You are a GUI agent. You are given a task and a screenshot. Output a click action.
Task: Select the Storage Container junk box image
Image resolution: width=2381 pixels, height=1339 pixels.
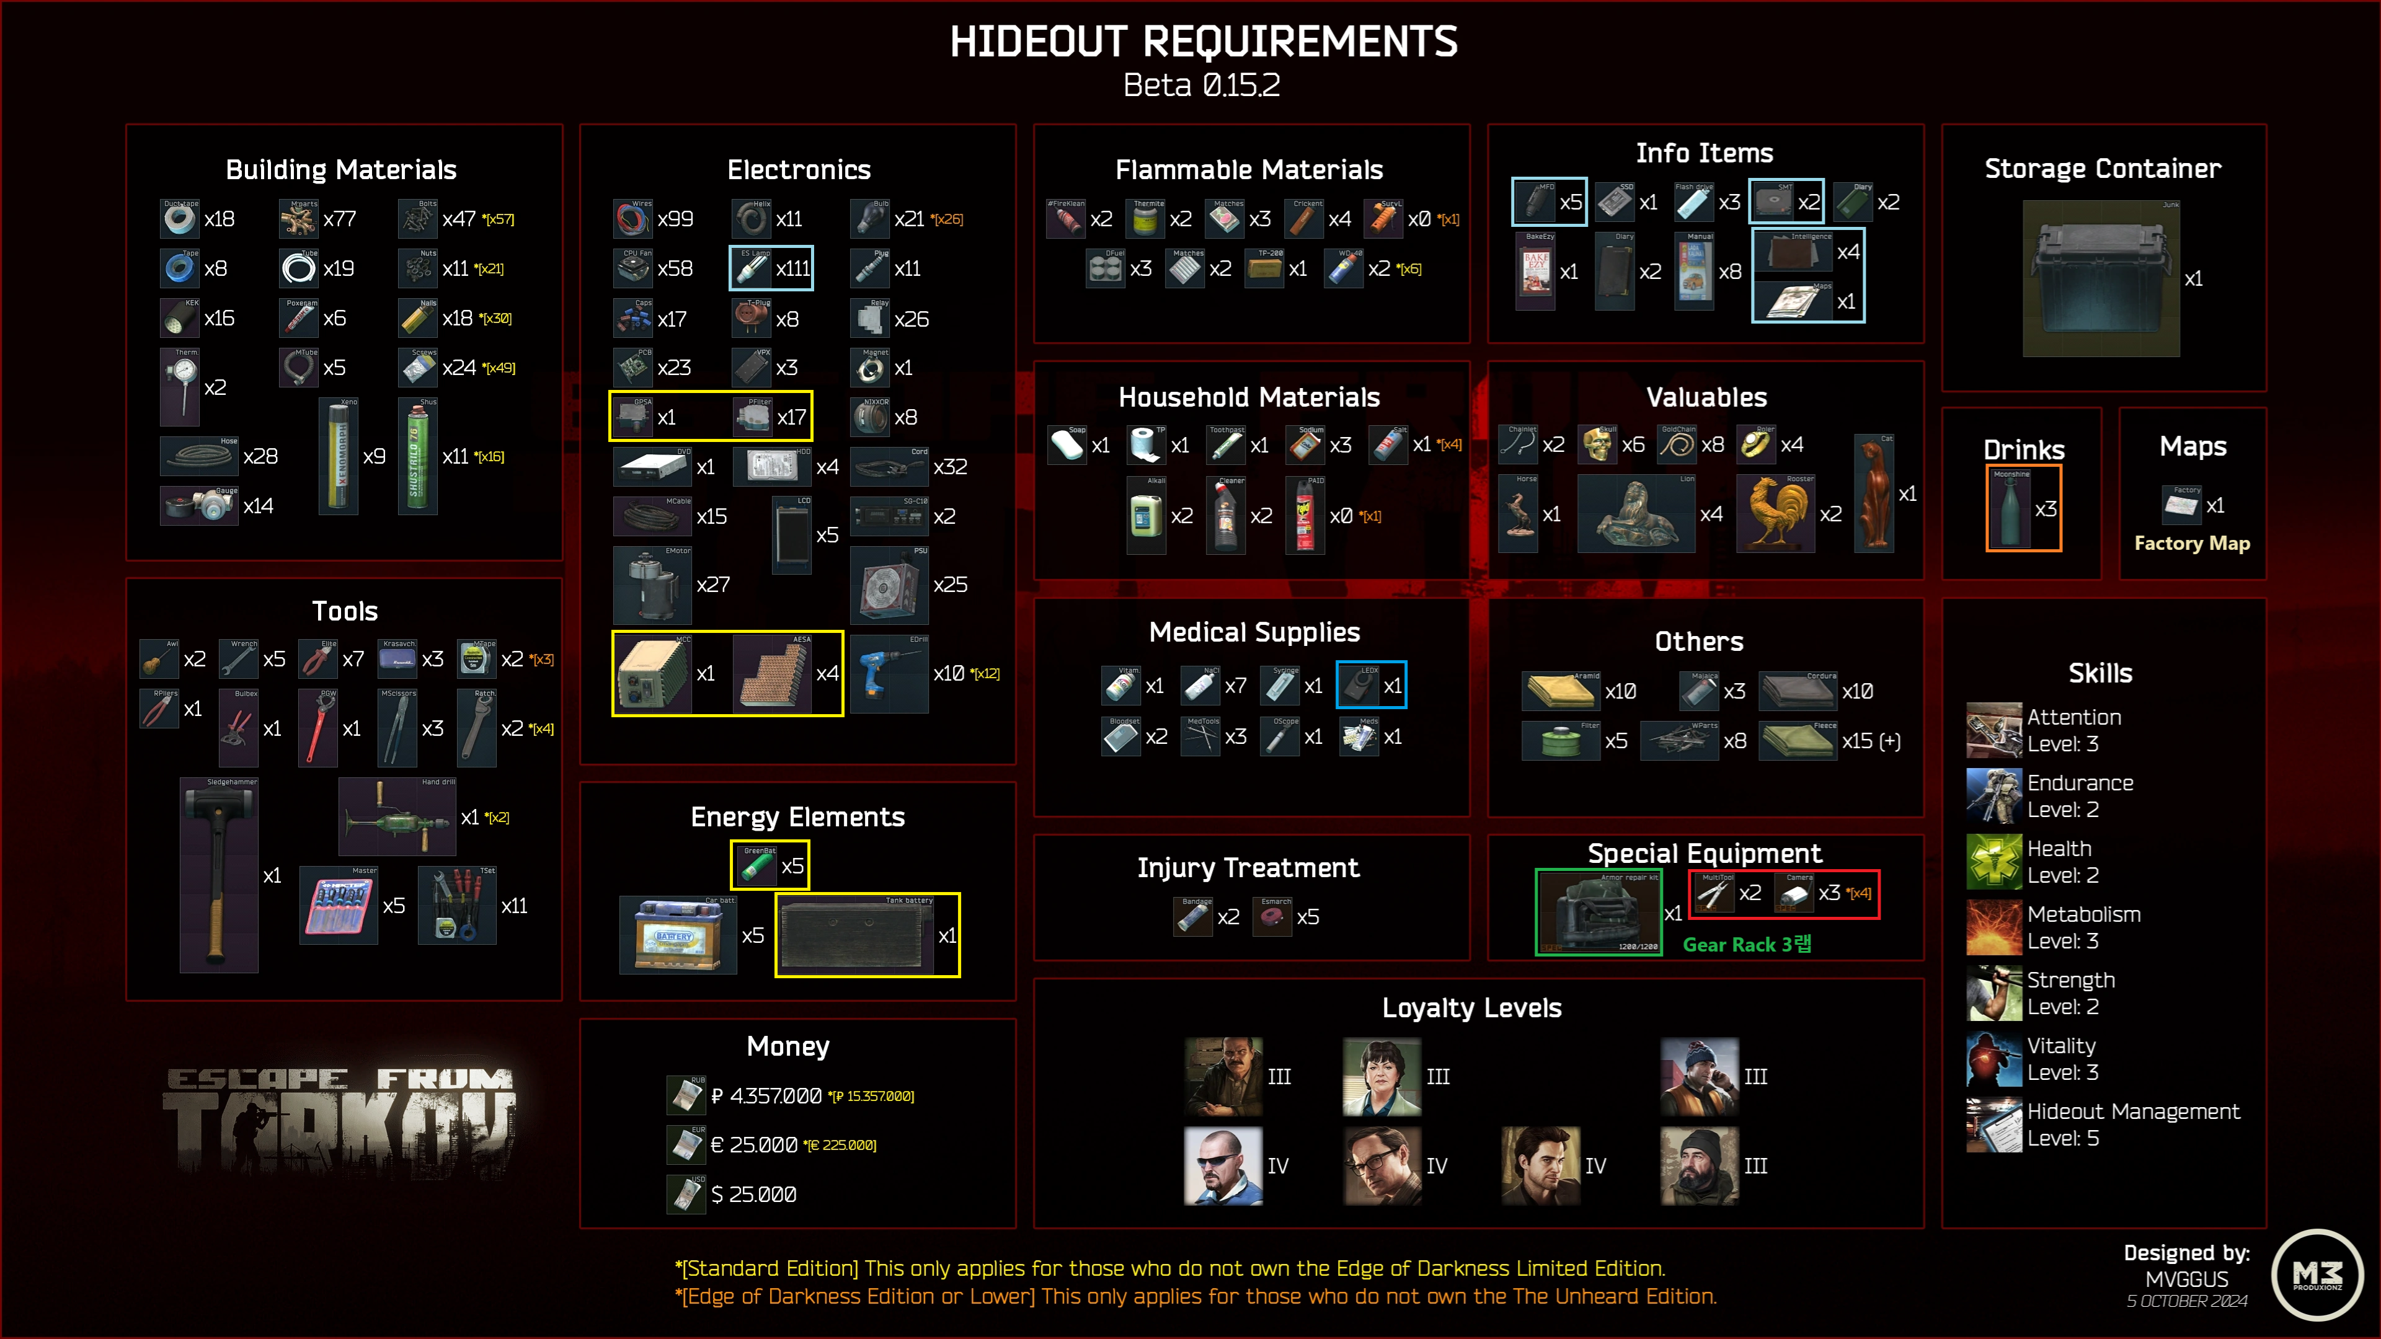pyautogui.click(x=2100, y=279)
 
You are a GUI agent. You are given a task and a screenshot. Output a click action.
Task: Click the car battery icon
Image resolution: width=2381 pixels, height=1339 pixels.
pyautogui.click(x=678, y=935)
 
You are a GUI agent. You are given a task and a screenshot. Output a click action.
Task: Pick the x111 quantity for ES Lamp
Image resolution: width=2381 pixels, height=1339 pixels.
pyautogui.click(x=793, y=269)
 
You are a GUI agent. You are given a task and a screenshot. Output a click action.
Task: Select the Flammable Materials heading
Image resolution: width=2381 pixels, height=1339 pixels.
pyautogui.click(x=1249, y=170)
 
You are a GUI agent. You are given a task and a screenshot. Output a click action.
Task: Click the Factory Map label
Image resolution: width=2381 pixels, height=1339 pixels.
pyautogui.click(x=2191, y=544)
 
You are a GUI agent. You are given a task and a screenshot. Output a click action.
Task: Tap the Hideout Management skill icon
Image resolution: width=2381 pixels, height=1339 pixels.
pyautogui.click(x=1993, y=1125)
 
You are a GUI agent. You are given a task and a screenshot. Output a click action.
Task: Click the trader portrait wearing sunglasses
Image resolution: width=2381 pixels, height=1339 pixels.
pyautogui.click(x=1223, y=1166)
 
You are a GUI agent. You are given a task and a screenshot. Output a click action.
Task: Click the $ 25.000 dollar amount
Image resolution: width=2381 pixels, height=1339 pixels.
pyautogui.click(x=753, y=1195)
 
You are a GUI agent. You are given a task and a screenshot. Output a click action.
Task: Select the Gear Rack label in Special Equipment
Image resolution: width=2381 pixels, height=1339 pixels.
pyautogui.click(x=1746, y=944)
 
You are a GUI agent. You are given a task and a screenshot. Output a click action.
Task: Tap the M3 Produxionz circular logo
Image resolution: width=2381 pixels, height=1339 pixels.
pyautogui.click(x=2317, y=1275)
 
